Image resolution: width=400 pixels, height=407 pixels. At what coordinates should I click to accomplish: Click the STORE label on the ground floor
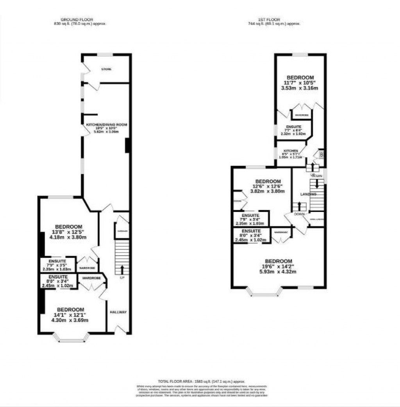click(x=106, y=69)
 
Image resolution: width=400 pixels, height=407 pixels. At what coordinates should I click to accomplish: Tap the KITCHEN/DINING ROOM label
click(x=107, y=125)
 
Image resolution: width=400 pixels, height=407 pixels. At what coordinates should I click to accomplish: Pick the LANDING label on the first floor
click(x=308, y=194)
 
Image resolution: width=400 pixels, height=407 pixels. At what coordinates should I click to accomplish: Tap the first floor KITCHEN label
click(x=291, y=151)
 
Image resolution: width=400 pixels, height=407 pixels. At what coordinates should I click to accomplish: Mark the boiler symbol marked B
click(x=321, y=155)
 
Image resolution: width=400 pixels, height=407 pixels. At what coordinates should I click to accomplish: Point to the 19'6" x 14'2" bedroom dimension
click(x=279, y=267)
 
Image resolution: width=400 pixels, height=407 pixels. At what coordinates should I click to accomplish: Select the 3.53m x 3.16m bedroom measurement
click(x=300, y=88)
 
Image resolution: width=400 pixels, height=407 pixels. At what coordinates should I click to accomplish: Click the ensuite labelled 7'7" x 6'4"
click(x=293, y=130)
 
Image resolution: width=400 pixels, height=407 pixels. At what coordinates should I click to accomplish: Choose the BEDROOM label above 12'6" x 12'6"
click(x=268, y=181)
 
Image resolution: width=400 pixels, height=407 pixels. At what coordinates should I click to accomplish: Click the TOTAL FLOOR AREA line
click(x=201, y=381)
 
